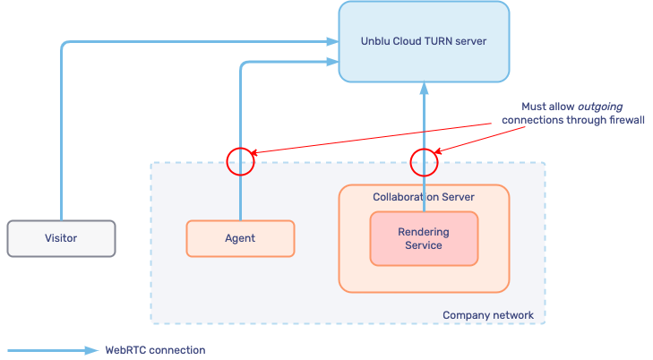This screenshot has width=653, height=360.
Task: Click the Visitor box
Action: click(61, 238)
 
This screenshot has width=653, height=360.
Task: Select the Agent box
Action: click(240, 238)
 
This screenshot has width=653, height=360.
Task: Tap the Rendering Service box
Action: click(424, 238)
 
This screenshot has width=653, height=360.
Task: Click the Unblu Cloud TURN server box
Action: click(424, 41)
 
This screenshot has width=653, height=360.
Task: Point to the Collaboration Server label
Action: click(424, 196)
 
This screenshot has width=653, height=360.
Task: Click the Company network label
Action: click(488, 315)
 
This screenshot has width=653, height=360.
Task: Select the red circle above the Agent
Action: click(240, 161)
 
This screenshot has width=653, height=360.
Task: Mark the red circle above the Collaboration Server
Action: click(424, 161)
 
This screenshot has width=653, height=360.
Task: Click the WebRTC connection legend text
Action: click(155, 350)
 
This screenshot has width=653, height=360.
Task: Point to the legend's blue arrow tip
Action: click(93, 350)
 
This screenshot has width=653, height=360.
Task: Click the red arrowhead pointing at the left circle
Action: click(259, 153)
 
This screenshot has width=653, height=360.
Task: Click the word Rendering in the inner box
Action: click(424, 232)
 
